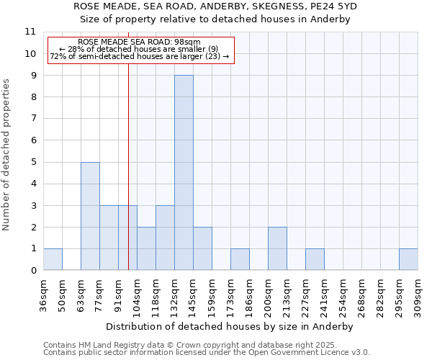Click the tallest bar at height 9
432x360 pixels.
pos(184,173)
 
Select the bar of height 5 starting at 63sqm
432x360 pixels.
pos(90,216)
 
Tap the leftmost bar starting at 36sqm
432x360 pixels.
pos(53,259)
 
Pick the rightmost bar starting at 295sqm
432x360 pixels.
pos(408,259)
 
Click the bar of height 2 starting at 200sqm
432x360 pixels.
pos(277,248)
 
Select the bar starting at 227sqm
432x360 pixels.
pos(315,259)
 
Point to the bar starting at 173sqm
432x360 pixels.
pos(240,259)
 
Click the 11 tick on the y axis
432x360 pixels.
pos(30,32)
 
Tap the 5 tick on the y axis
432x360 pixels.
pos(33,162)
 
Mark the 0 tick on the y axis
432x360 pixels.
pos(33,271)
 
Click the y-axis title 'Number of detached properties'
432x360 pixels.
pos(6,155)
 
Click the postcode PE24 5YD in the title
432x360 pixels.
pos(336,6)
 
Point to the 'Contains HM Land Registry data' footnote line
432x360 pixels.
pos(184,345)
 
